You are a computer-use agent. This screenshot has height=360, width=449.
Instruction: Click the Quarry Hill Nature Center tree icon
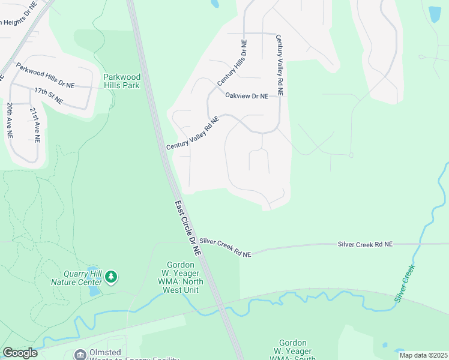click(110, 277)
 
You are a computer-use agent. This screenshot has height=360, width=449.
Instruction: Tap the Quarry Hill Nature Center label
click(76, 277)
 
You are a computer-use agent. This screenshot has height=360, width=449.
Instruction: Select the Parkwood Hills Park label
click(121, 81)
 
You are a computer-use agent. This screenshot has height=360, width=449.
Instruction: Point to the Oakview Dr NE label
click(250, 95)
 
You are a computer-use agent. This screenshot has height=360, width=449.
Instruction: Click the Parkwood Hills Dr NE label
click(45, 76)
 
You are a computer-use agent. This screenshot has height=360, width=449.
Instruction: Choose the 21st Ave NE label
click(37, 125)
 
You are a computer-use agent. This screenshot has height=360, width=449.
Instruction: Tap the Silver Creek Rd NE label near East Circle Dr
click(225, 247)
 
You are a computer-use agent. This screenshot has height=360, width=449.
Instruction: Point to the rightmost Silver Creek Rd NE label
click(365, 244)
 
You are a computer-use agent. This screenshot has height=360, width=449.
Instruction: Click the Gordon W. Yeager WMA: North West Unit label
click(181, 278)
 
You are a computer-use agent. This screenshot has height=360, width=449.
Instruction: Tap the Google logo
click(20, 353)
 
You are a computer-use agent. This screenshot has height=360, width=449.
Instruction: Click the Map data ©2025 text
click(423, 355)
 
